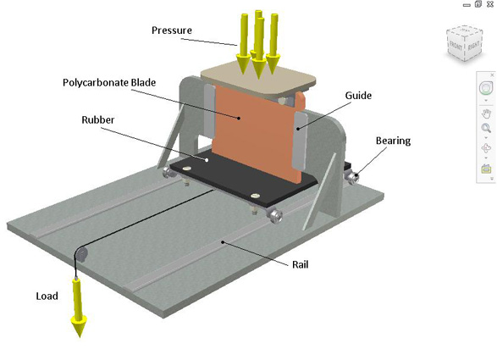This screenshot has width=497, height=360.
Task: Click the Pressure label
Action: [172, 31]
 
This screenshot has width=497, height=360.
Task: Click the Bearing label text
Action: [393, 141]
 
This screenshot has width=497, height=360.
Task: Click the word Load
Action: [47, 296]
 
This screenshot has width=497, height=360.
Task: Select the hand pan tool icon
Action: [486, 113]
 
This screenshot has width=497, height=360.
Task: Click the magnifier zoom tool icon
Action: [486, 130]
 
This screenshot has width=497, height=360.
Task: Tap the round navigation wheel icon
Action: [486, 89]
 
